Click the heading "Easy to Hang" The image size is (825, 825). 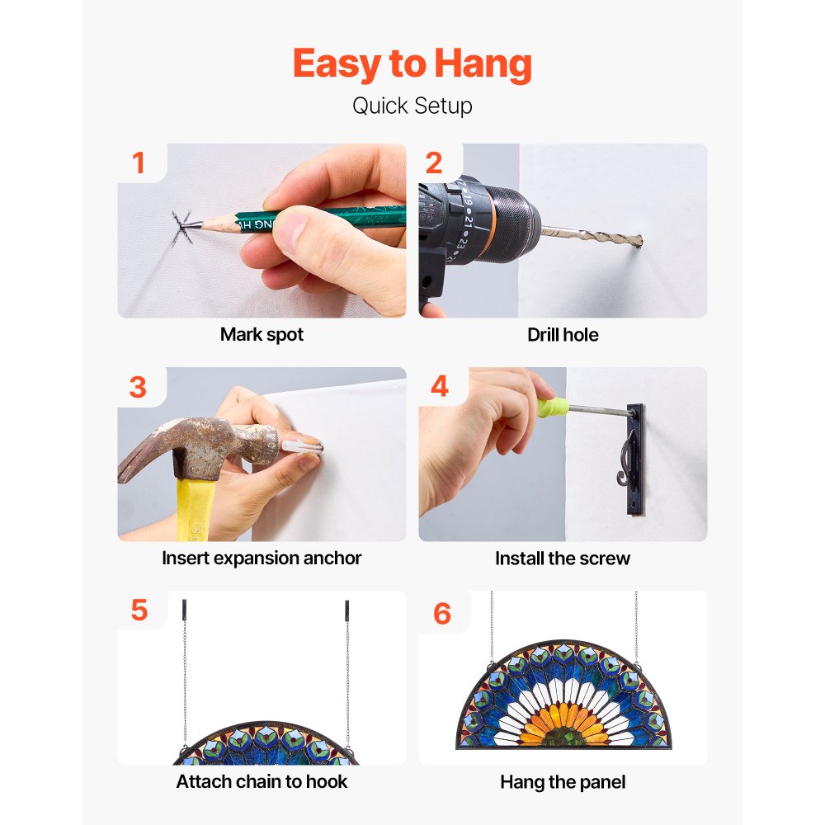pyautogui.click(x=412, y=64)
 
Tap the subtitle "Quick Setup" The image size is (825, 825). pyautogui.click(x=412, y=106)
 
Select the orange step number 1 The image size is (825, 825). pyautogui.click(x=139, y=163)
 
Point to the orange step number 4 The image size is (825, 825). pyautogui.click(x=440, y=386)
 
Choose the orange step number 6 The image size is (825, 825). pyautogui.click(x=442, y=614)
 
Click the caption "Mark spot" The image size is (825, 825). pyautogui.click(x=262, y=335)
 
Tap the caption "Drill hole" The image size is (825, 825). pyautogui.click(x=563, y=335)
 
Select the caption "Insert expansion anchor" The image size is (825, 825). pyautogui.click(x=262, y=558)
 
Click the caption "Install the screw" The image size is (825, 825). pyautogui.click(x=563, y=559)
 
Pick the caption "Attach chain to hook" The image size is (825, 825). pyautogui.click(x=262, y=781)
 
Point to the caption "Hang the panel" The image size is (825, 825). pyautogui.click(x=563, y=782)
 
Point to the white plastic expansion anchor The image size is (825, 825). pyautogui.click(x=301, y=448)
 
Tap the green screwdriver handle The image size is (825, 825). pyautogui.click(x=552, y=407)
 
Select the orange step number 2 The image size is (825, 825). pyautogui.click(x=434, y=163)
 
